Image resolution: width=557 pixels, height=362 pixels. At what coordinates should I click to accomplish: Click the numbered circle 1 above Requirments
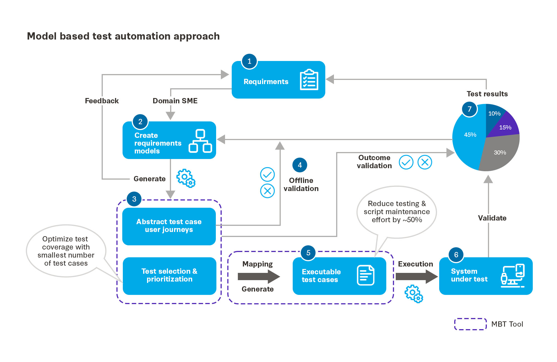pos(249,61)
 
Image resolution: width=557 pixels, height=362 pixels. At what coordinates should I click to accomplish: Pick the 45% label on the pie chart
pos(470,135)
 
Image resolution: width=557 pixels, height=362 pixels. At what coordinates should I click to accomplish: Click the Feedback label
pos(102,101)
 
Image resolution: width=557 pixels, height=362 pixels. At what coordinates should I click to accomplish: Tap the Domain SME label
pos(175,101)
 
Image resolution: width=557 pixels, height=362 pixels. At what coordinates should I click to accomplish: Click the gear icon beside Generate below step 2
pos(186,178)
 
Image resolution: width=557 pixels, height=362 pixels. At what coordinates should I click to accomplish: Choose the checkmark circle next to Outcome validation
pos(406,162)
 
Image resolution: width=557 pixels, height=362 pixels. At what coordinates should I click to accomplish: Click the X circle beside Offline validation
pos(267,191)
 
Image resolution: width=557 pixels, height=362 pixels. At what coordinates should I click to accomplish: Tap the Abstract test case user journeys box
pos(169,226)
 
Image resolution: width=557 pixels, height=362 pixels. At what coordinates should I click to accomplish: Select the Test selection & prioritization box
pos(169,276)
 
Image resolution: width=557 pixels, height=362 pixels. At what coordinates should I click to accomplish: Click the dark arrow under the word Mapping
pos(258,277)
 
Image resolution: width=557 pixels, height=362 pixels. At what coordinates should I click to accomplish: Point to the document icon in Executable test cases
pos(365,275)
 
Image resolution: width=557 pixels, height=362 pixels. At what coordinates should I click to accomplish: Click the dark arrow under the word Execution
pos(416,277)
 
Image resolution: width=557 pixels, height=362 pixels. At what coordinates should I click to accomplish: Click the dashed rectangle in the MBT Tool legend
pos(470,324)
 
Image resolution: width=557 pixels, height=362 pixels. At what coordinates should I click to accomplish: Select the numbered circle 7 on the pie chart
pos(470,109)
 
